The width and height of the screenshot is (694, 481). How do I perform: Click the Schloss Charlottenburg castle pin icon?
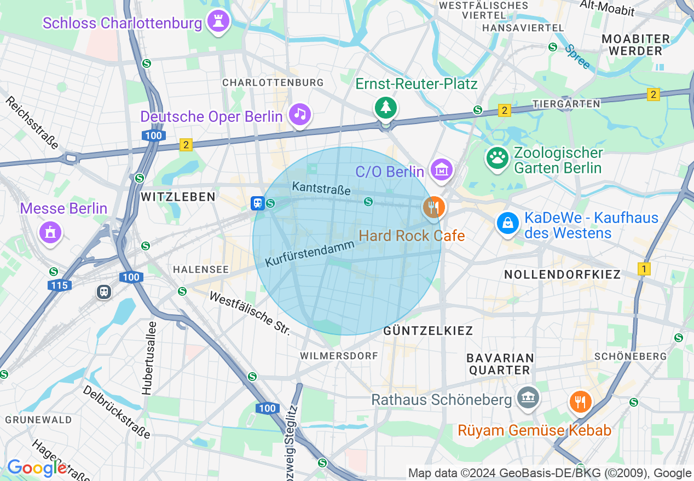[218, 22]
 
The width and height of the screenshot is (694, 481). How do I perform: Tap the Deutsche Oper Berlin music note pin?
[299, 114]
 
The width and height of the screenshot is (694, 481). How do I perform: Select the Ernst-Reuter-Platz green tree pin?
[386, 107]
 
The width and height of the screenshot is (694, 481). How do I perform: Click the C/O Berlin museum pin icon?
[441, 170]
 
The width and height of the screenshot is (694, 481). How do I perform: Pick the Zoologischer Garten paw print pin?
[497, 159]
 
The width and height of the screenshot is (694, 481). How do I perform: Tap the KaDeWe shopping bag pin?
[508, 223]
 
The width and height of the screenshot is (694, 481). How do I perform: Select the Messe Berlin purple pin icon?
[50, 232]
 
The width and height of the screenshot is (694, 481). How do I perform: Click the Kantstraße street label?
[321, 188]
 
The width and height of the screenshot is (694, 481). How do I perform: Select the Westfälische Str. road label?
[250, 314]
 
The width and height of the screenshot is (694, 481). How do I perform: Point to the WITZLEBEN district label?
[178, 197]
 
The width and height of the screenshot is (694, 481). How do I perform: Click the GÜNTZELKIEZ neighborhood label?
[428, 331]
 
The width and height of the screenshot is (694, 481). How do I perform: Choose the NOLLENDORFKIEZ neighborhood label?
[562, 274]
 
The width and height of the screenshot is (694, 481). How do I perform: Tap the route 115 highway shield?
[59, 285]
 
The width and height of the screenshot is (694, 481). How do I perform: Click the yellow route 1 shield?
[644, 269]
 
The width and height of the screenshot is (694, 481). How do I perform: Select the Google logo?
[37, 468]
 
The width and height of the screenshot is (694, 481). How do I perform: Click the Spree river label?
[577, 57]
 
